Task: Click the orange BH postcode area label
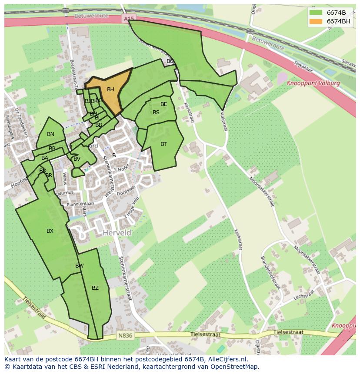click(x=110, y=89)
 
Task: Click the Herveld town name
click(x=117, y=233)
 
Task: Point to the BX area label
click(x=50, y=231)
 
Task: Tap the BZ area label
click(x=95, y=288)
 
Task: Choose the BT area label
click(x=163, y=144)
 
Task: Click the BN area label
click(x=50, y=134)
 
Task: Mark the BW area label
click(x=80, y=266)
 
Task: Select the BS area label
click(x=156, y=113)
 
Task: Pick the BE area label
click(x=163, y=104)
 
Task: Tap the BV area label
click(x=77, y=159)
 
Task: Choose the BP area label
click(x=52, y=149)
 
